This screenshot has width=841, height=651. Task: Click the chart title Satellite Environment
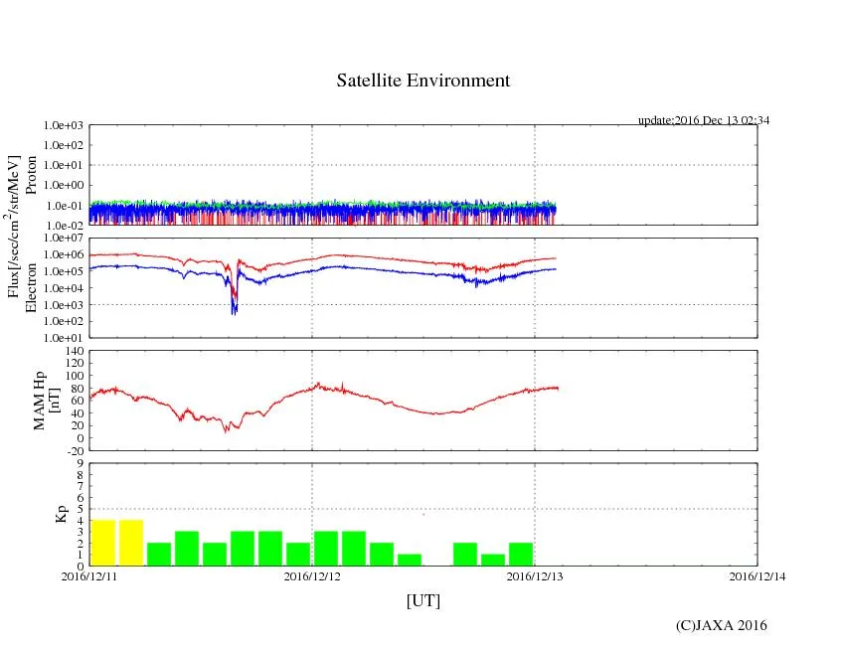[x=423, y=81]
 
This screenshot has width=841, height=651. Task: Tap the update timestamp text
[x=704, y=120]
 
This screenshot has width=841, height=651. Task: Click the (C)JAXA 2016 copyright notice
[x=722, y=625]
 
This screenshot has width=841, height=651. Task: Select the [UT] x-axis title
[x=423, y=600]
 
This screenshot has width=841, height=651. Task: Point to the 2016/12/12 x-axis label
[x=312, y=575]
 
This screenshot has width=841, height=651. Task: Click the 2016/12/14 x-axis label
[x=757, y=575]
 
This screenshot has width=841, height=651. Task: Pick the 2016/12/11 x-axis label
[x=89, y=575]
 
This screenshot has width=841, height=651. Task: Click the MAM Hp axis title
[x=47, y=400]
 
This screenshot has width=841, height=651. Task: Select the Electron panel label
[x=32, y=288]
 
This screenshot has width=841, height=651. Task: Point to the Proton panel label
[x=32, y=175]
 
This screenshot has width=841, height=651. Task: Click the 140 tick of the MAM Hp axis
[x=75, y=351]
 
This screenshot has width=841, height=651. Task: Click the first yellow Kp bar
[x=103, y=543]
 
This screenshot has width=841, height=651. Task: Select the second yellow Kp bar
[x=131, y=543]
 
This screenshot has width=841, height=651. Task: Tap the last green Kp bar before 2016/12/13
[x=521, y=554]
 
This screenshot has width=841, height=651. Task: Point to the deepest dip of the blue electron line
[x=234, y=312]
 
